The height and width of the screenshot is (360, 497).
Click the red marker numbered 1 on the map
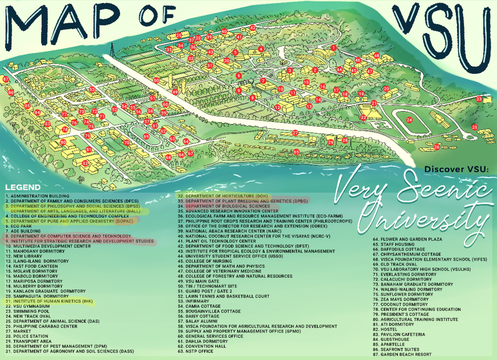(x=333, y=48)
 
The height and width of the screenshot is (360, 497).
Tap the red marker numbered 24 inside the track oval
(x=409, y=120)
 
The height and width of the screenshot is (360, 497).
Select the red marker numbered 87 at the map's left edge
(x=5, y=79)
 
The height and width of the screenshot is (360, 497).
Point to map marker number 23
(x=479, y=99)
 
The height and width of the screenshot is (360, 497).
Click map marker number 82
(x=85, y=163)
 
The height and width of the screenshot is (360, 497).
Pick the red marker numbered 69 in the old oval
(x=146, y=136)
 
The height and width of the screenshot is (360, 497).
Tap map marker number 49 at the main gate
(x=175, y=92)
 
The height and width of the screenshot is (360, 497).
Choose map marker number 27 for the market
(x=295, y=133)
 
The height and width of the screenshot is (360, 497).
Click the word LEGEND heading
(x=23, y=187)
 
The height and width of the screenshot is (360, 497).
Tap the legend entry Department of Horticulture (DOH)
(x=223, y=196)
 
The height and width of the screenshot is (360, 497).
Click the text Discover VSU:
(x=457, y=169)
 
